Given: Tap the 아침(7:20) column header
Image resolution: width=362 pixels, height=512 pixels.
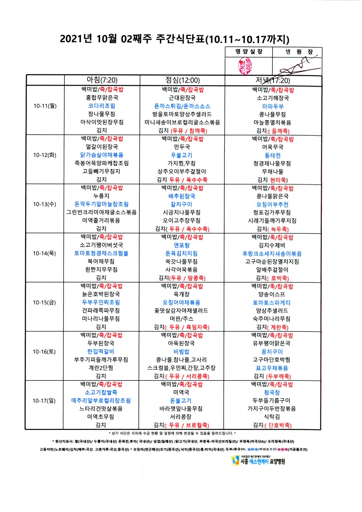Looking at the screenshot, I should pyautogui.click(x=102, y=80).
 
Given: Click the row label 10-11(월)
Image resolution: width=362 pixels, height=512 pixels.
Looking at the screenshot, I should pyautogui.click(x=45, y=106).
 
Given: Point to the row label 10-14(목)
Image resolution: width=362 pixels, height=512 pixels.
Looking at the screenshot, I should pyautogui.click(x=44, y=253).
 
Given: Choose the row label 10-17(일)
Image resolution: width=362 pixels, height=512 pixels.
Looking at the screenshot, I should pyautogui.click(x=44, y=401).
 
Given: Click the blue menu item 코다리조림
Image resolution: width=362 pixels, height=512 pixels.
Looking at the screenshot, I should pyautogui.click(x=102, y=106).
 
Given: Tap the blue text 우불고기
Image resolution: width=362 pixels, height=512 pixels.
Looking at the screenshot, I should pyautogui.click(x=181, y=155).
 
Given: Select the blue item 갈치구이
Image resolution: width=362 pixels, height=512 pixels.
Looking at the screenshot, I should pyautogui.click(x=181, y=204).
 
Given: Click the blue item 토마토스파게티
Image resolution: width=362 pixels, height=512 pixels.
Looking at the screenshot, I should pyautogui.click(x=272, y=303).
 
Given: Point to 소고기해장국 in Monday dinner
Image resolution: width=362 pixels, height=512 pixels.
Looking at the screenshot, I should pyautogui.click(x=273, y=98).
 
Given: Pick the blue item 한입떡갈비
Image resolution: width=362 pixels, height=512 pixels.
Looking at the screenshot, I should pyautogui.click(x=101, y=352).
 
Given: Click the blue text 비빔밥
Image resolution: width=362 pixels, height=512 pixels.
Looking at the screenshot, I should pyautogui.click(x=181, y=352).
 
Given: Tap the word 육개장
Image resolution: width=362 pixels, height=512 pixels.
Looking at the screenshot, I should pyautogui.click(x=181, y=294).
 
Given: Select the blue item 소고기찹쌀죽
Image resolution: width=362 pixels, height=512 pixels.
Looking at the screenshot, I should pyautogui.click(x=101, y=392).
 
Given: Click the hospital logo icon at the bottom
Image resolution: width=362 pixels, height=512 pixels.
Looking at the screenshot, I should pyautogui.click(x=236, y=460).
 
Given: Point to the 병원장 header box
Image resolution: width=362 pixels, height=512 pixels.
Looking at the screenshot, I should pyautogui.click(x=297, y=52).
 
